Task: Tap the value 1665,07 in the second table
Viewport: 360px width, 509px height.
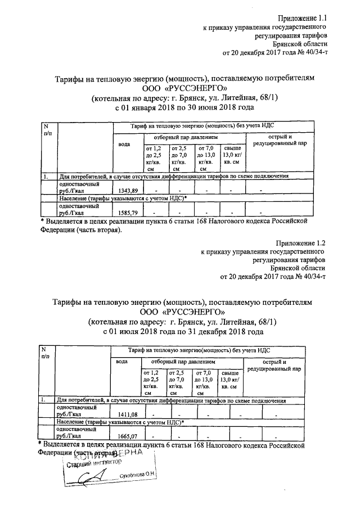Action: [x=127, y=436]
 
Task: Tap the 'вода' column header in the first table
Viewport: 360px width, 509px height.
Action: [x=124, y=145]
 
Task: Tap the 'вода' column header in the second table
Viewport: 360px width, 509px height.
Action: [x=122, y=361]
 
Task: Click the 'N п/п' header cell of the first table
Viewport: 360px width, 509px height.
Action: [x=48, y=129]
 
